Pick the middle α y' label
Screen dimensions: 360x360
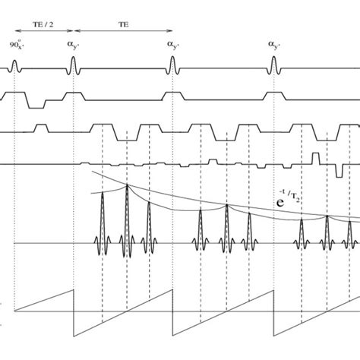pyautogui.click(x=172, y=46)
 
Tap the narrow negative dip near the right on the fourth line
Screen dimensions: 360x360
pyautogui.click(x=336, y=172)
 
